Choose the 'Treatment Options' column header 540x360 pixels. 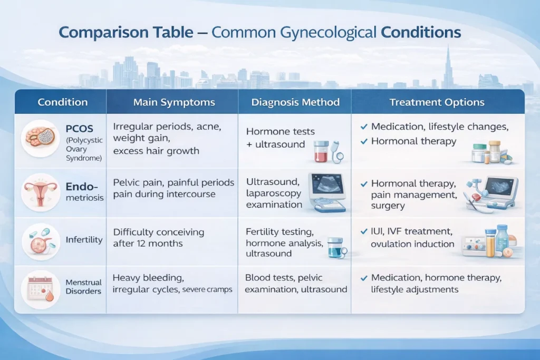[x=437, y=102]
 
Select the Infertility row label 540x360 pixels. [x=84, y=240]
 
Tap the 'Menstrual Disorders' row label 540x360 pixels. [x=83, y=287]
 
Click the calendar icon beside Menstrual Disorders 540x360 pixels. [x=40, y=288]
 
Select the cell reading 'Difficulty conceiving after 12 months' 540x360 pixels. [x=158, y=238]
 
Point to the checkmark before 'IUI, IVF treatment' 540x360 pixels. [x=363, y=231]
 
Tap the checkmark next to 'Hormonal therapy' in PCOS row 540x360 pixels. [x=363, y=141]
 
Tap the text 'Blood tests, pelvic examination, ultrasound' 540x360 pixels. [x=296, y=284]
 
